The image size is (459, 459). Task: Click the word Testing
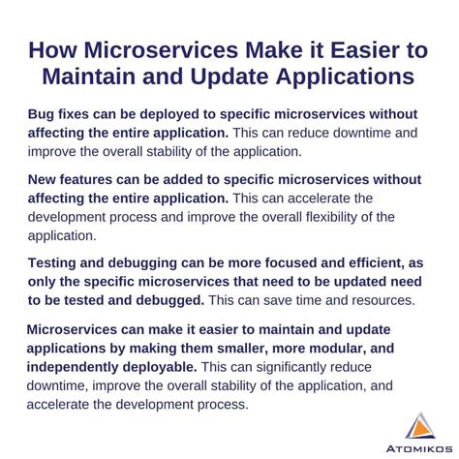(59, 264)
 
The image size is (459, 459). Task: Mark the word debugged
(187, 299)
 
